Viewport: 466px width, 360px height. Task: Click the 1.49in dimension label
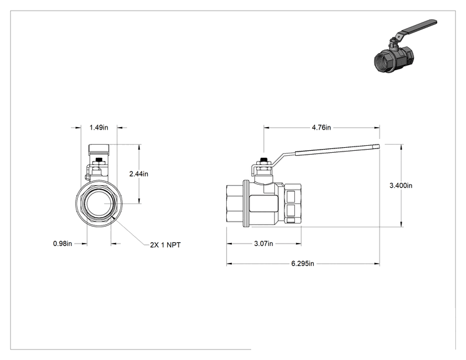click(99, 128)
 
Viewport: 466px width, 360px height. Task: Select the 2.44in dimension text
click(138, 174)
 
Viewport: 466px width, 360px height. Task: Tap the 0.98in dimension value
click(63, 244)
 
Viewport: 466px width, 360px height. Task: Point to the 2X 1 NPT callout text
click(165, 245)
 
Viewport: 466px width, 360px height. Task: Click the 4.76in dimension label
click(321, 128)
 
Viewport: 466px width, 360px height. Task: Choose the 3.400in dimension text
click(401, 185)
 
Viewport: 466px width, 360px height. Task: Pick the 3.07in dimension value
click(263, 244)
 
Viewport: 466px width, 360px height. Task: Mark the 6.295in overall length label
click(303, 264)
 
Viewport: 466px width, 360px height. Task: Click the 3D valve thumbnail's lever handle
click(419, 27)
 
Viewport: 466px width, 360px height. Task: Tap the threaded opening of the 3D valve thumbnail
click(383, 61)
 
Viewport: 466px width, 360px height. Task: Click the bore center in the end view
click(99, 203)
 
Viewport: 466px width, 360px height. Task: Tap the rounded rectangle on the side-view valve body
click(264, 203)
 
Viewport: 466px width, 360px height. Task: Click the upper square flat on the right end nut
click(290, 197)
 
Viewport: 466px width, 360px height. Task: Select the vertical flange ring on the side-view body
click(246, 203)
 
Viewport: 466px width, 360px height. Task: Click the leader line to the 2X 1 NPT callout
click(131, 231)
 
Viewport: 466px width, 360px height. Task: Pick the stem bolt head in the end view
click(99, 161)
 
